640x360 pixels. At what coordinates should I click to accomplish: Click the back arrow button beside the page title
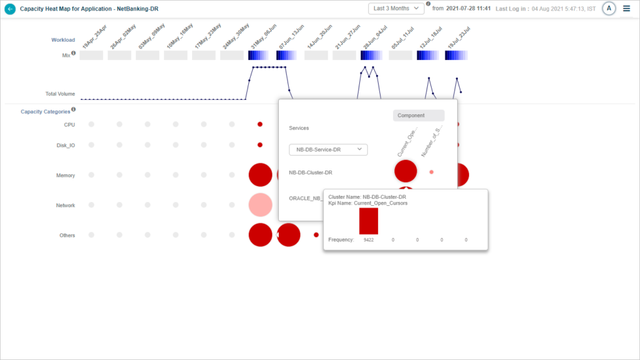click(x=10, y=9)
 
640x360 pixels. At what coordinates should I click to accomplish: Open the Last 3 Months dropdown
click(x=396, y=8)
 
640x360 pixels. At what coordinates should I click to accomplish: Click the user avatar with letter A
click(x=609, y=8)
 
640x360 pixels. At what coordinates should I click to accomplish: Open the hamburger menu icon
click(x=627, y=8)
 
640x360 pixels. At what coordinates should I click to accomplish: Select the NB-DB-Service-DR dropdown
click(x=328, y=150)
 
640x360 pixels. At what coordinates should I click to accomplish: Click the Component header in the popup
click(x=419, y=116)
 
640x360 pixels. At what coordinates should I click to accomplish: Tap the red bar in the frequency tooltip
click(x=368, y=221)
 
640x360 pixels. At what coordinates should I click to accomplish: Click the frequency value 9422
click(x=368, y=240)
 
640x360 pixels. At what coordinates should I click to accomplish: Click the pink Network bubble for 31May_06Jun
click(x=260, y=205)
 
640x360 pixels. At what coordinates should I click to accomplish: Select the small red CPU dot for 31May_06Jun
click(x=260, y=124)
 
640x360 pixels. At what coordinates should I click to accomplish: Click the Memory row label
click(x=65, y=176)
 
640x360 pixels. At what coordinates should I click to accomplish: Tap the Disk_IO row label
click(x=65, y=146)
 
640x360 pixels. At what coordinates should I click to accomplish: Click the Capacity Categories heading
click(x=45, y=112)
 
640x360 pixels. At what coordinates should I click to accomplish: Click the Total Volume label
click(x=60, y=94)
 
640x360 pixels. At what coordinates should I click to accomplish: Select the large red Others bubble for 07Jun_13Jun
click(x=289, y=235)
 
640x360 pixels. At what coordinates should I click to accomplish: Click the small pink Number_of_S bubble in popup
click(x=431, y=172)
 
